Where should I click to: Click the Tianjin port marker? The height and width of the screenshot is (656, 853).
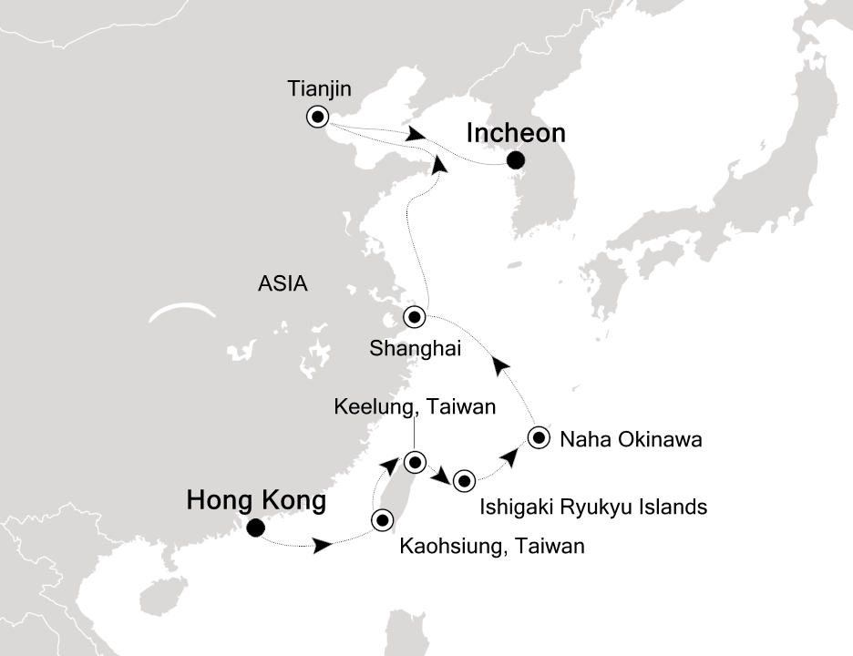click(x=317, y=117)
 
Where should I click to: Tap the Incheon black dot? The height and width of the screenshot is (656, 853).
click(x=516, y=161)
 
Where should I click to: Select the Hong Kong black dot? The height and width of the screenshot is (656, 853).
click(x=256, y=527)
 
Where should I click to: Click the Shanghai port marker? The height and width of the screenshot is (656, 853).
click(x=415, y=318)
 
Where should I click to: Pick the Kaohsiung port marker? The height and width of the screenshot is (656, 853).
click(x=381, y=520)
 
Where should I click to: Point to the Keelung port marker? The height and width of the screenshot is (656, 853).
click(x=415, y=462)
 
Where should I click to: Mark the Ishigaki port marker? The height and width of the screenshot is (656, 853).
click(x=465, y=480)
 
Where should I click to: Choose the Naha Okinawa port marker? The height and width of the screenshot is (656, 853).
click(x=539, y=438)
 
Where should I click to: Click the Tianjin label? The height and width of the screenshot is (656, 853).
click(x=319, y=89)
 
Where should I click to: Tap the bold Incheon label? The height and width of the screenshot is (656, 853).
click(x=516, y=133)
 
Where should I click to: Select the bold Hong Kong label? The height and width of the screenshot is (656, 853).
click(x=255, y=500)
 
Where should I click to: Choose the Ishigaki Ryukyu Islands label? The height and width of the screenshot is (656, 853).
click(x=592, y=507)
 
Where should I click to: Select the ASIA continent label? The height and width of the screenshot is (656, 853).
click(x=283, y=284)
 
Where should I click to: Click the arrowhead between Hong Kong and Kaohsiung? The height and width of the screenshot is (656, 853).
click(x=322, y=546)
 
